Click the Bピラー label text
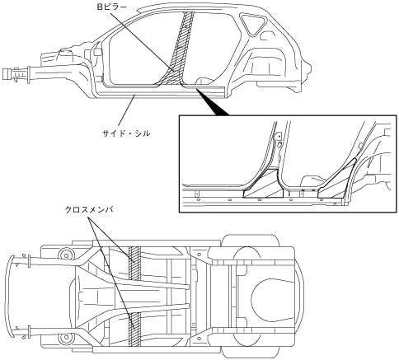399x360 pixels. point(112,7)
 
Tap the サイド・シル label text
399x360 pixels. point(126,133)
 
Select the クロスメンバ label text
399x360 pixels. point(89,210)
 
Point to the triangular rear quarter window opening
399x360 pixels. point(253,24)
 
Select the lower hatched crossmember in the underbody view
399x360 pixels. point(134,330)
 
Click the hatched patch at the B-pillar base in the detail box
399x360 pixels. point(264,185)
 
